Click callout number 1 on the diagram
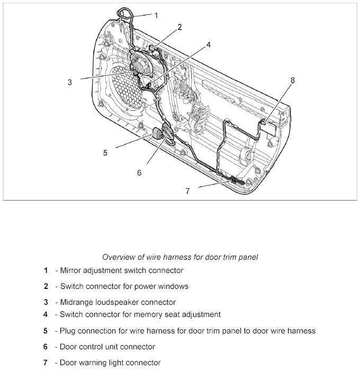click(156, 15)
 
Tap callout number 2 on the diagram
click(179, 27)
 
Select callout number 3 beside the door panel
click(69, 82)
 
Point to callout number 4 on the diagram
click(209, 45)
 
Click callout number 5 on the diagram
click(105, 153)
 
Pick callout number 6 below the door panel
click(139, 172)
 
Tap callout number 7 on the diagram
click(187, 191)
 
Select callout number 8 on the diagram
click(293, 81)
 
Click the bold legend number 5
click(46, 331)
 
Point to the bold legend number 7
click(46, 363)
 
